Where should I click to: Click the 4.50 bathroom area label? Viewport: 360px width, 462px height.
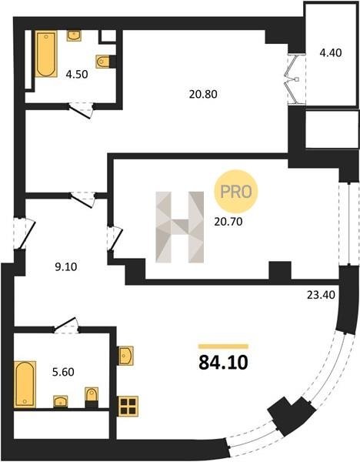[x=77, y=74]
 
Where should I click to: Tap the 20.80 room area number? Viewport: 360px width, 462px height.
[x=203, y=94]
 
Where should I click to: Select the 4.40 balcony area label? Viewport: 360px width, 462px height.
[x=331, y=52]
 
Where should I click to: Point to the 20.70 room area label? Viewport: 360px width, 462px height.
[x=228, y=222]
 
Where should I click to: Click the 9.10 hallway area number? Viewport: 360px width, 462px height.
[x=66, y=267]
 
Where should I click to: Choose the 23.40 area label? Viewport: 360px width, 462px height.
[x=321, y=295]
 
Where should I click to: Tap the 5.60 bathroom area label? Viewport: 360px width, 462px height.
[x=63, y=372]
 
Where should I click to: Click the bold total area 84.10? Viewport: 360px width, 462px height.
[x=223, y=363]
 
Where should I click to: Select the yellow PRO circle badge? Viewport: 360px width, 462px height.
[x=236, y=192]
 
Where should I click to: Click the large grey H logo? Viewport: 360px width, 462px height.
[x=179, y=227]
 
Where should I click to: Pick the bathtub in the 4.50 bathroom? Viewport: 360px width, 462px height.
[x=46, y=54]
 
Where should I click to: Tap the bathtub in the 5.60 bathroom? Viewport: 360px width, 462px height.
[x=25, y=384]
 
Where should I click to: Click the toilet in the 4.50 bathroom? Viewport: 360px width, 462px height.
[x=103, y=62]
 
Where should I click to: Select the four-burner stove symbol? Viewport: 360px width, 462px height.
[x=128, y=407]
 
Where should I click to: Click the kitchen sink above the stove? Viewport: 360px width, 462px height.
[x=125, y=356]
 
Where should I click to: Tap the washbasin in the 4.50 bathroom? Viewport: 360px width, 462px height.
[x=74, y=35]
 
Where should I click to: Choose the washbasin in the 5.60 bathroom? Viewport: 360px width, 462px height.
[x=60, y=402]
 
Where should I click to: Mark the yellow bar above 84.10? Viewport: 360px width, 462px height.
[x=223, y=346]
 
